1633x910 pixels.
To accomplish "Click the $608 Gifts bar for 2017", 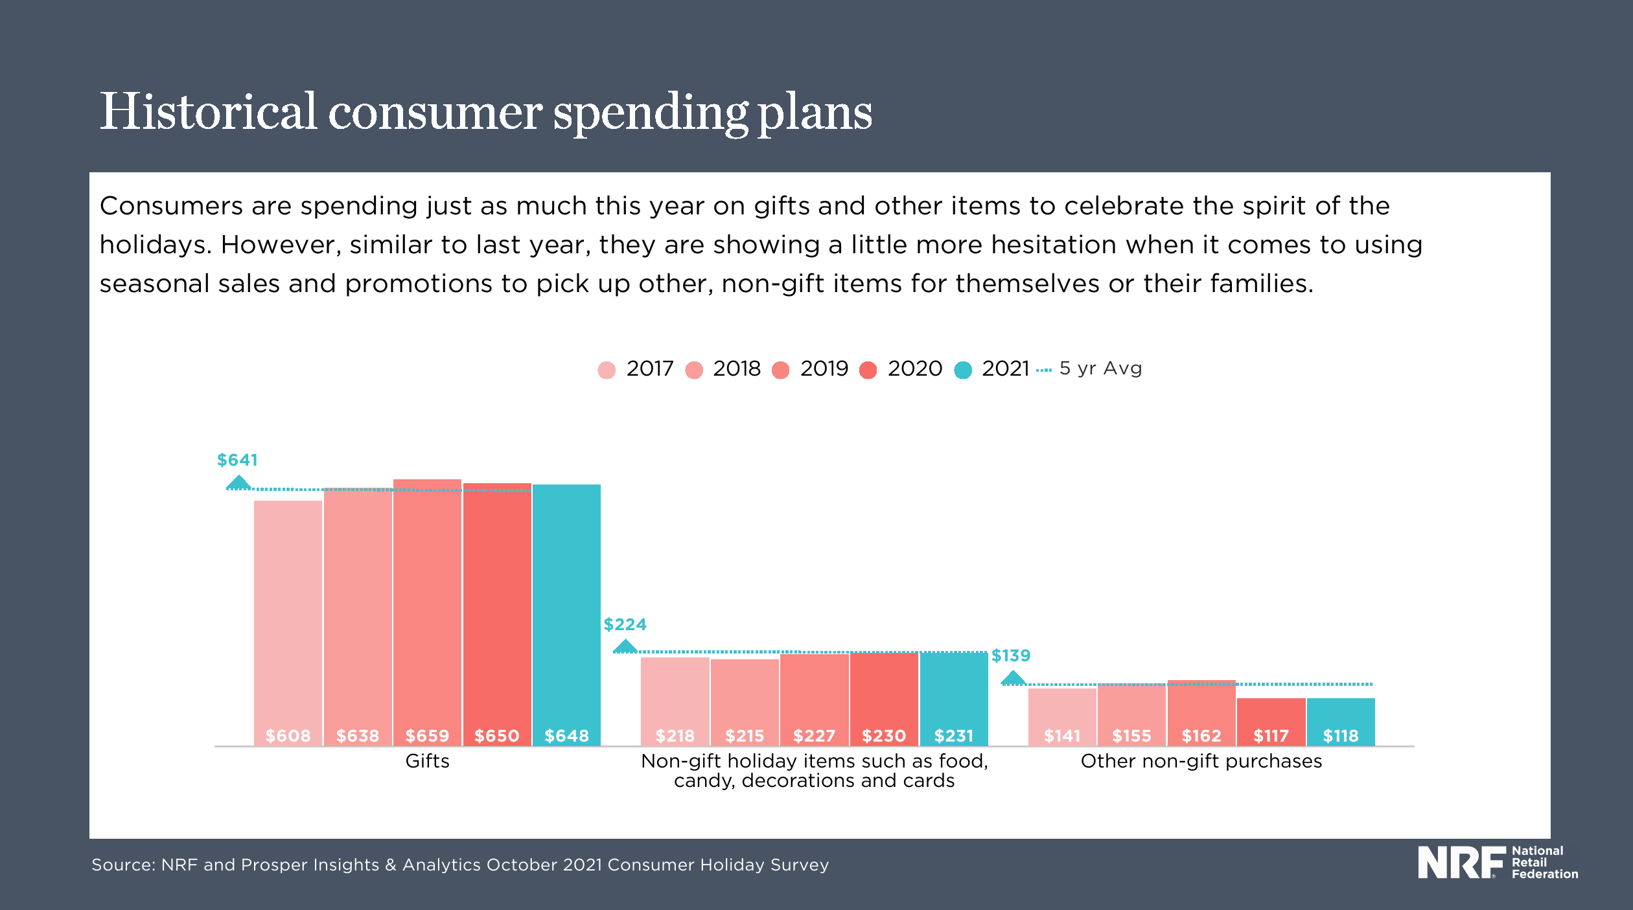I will point(288,622).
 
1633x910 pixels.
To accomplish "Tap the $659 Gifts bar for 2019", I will point(427,611).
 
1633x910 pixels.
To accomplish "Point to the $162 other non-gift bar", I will point(1201,712).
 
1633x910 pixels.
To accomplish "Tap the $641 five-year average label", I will point(237,460).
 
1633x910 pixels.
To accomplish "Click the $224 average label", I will point(625,624).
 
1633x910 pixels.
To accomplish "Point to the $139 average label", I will point(1011,655).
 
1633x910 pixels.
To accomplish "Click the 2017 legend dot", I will point(607,370).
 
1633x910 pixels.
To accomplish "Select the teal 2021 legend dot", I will point(963,370).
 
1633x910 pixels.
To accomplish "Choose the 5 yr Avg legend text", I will point(1100,369).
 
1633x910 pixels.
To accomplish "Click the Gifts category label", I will point(427,761).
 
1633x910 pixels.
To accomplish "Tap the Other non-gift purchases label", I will point(1201,761).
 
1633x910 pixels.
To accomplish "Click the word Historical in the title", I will point(208,111).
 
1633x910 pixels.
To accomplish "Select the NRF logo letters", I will point(1461,862).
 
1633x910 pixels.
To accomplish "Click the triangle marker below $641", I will point(238,483).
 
